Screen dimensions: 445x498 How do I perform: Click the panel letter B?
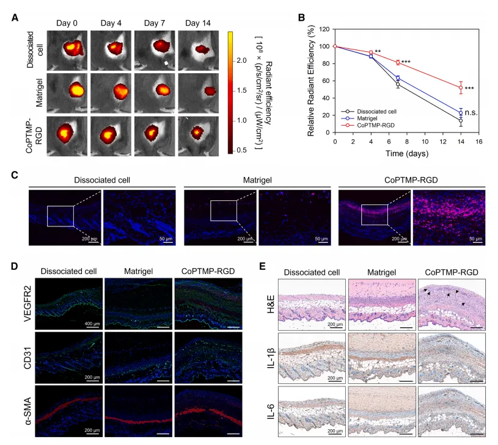pyautogui.click(x=301, y=18)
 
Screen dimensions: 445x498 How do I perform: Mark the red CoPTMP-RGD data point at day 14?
pyautogui.click(x=461, y=87)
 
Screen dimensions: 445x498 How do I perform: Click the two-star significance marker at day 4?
pyautogui.click(x=378, y=52)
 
